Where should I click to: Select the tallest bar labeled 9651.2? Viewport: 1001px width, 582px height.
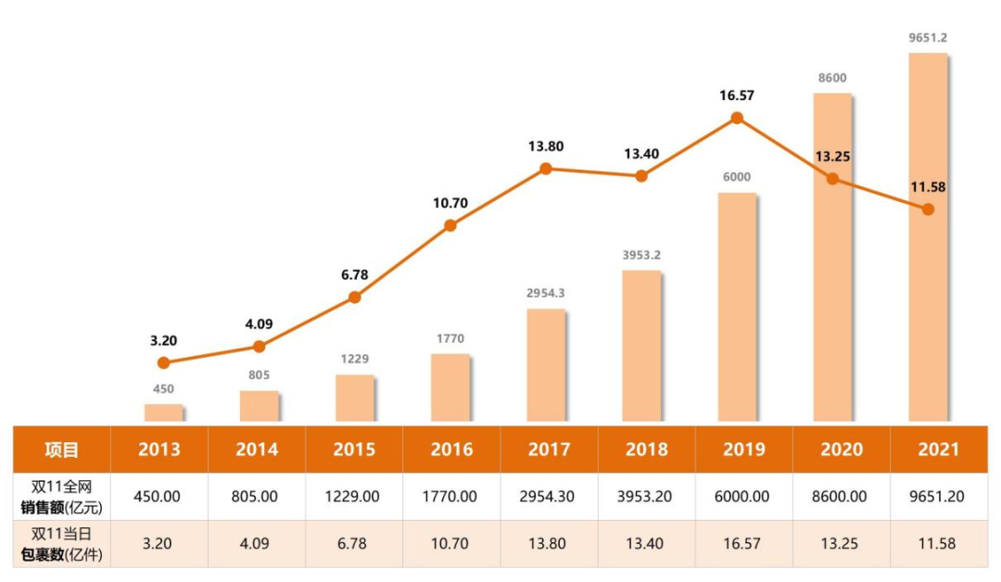point(928,237)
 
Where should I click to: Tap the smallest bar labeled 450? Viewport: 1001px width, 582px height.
point(164,413)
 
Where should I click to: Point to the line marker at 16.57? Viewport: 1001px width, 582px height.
point(737,118)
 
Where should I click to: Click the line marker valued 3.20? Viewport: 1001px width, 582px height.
point(164,362)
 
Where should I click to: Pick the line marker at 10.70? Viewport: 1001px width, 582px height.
point(450,225)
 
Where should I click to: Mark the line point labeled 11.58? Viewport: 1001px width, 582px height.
point(928,209)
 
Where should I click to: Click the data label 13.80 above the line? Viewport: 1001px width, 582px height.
point(546,146)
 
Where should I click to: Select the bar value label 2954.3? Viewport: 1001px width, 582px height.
point(546,293)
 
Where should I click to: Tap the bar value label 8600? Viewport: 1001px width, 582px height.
point(832,78)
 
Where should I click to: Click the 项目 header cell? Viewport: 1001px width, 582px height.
point(61,450)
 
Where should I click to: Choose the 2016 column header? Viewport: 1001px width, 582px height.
point(451,450)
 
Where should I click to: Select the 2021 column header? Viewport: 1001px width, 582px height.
point(939,450)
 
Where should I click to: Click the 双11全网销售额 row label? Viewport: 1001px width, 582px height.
point(61,496)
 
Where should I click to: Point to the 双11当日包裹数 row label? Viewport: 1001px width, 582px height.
point(61,543)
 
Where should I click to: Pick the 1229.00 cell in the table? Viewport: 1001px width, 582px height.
point(354,497)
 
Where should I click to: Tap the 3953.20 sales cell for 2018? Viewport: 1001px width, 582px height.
point(647,497)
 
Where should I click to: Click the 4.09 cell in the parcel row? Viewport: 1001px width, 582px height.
point(255,544)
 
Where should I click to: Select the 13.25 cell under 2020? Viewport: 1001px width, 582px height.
point(842,544)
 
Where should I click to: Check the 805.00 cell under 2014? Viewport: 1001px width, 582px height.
point(255,497)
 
